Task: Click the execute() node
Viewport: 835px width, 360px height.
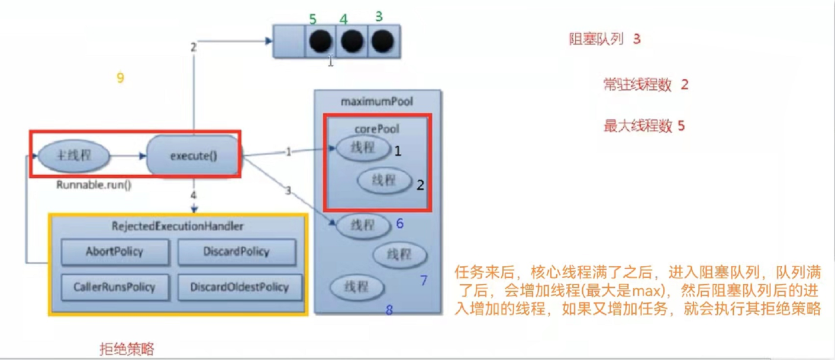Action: [x=194, y=156]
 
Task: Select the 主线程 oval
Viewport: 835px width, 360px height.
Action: [x=74, y=156]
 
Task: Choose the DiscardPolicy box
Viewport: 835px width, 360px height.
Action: [x=236, y=252]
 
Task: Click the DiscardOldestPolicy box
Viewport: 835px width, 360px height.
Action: [x=239, y=287]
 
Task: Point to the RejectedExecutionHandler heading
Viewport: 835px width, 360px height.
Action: [x=178, y=227]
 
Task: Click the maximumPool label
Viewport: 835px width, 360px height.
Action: [x=377, y=102]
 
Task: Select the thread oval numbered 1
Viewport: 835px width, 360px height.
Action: [x=363, y=148]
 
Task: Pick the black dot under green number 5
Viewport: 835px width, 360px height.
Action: [x=320, y=41]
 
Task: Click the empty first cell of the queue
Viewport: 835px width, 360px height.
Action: [x=289, y=41]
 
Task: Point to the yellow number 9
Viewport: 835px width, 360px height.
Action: [x=120, y=78]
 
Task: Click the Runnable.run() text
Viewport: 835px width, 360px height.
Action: [x=94, y=184]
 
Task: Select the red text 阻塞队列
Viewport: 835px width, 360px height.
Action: [x=596, y=40]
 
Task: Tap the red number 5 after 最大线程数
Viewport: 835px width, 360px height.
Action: [x=681, y=126]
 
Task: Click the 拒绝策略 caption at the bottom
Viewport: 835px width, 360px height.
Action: [x=127, y=349]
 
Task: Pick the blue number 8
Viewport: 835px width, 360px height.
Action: [x=389, y=310]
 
